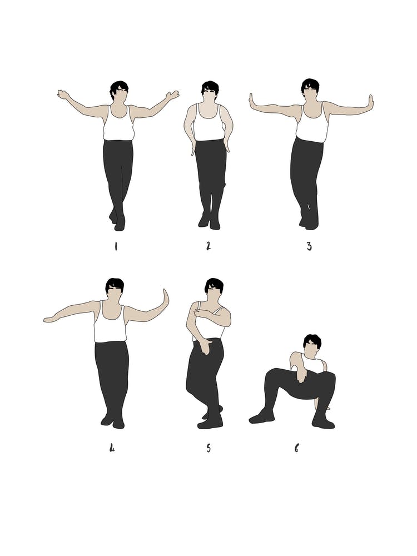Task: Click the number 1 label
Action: click(x=116, y=246)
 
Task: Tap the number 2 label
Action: click(x=209, y=246)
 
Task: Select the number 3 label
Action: click(x=309, y=246)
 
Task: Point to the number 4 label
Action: click(x=112, y=447)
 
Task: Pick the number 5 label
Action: click(x=209, y=448)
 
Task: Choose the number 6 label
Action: click(x=296, y=447)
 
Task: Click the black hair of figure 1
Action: click(x=118, y=87)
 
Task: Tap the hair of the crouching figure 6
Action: click(x=312, y=340)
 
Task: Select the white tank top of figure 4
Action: click(x=110, y=325)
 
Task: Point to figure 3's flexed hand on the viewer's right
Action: click(x=370, y=103)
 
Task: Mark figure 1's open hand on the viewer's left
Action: click(x=62, y=95)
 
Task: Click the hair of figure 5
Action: click(x=214, y=284)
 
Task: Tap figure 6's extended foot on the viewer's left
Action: click(x=260, y=417)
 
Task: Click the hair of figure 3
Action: click(x=310, y=85)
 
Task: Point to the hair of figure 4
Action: click(x=115, y=284)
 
